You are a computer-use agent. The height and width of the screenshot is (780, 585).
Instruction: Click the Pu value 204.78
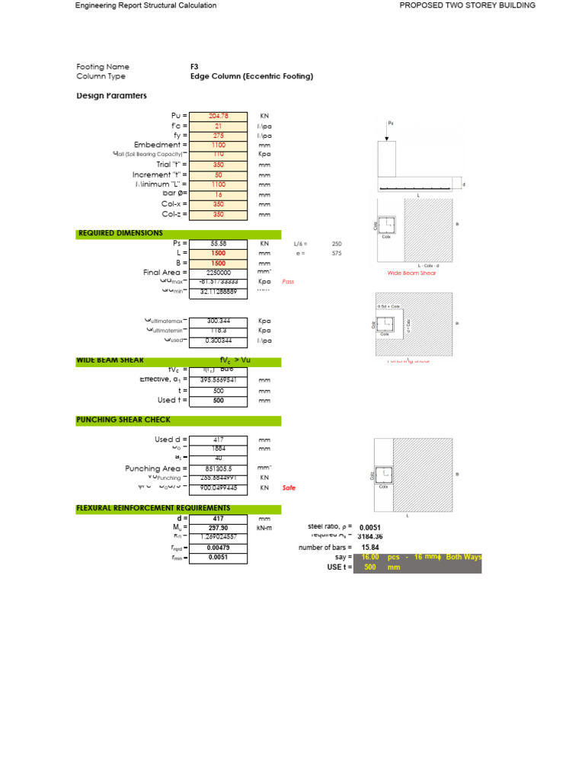[219, 117]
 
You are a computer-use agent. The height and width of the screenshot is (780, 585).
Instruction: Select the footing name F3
[194, 67]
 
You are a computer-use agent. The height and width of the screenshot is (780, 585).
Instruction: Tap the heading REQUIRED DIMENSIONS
[120, 234]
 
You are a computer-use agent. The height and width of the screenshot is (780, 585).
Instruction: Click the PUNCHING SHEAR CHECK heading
[123, 420]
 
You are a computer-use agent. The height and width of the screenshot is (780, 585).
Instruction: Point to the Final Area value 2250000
[219, 273]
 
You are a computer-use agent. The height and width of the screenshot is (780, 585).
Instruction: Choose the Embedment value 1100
[219, 145]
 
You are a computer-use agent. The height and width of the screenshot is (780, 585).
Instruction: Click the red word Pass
[288, 282]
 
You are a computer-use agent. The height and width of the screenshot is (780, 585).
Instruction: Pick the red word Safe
[289, 488]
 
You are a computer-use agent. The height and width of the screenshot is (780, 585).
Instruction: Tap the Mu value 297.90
[219, 527]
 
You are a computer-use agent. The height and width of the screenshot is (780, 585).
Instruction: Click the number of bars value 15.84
[370, 547]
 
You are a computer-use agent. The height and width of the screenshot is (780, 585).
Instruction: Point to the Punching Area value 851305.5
[219, 469]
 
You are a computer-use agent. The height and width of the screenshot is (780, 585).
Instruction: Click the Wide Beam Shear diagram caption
[412, 273]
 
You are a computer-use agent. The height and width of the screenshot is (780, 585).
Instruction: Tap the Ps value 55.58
[219, 244]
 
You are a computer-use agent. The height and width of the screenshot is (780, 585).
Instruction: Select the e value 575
[337, 254]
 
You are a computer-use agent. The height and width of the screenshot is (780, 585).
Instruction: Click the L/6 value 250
[337, 244]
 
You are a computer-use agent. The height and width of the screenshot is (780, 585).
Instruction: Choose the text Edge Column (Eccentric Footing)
[251, 77]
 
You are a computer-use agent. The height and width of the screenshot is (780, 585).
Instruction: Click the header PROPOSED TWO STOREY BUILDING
[468, 5]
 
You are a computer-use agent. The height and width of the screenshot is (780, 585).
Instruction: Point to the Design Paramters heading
[112, 96]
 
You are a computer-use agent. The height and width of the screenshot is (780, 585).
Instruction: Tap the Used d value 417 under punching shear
[219, 440]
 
